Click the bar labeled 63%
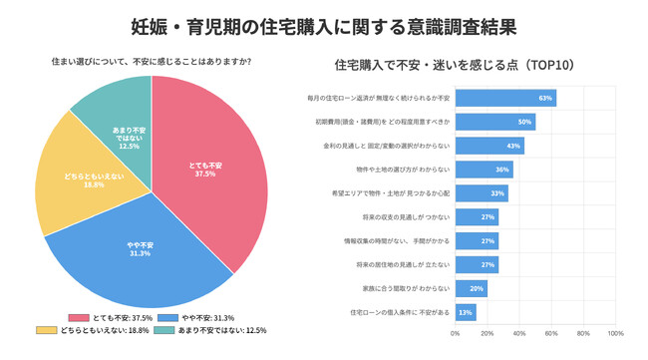tap(505, 99)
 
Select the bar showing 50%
tap(495, 122)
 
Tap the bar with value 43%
tap(489, 146)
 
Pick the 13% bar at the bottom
tap(466, 313)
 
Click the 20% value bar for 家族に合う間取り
tap(472, 289)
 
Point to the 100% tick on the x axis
tap(616, 334)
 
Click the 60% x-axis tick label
tap(551, 334)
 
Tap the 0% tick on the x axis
tap(456, 334)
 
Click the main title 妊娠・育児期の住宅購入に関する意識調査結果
tap(323, 22)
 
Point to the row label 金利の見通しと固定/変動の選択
tap(395, 146)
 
